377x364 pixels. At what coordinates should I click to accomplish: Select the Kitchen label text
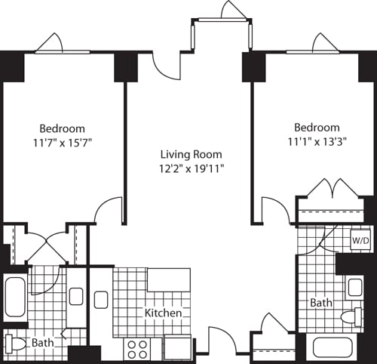[164, 313]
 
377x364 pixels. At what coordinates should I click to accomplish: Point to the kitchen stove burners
[137, 349]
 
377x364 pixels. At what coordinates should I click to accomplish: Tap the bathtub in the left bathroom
[15, 298]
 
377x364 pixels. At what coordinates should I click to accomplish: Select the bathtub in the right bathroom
[334, 349]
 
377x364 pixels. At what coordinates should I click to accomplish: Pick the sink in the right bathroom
[354, 287]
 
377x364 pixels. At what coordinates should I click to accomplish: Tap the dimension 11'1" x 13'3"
[317, 141]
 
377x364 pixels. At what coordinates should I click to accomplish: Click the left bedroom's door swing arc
[110, 209]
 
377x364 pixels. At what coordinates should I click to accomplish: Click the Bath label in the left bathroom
[42, 343]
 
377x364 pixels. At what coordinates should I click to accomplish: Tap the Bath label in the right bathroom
[321, 303]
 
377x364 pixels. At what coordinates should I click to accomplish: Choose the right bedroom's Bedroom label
[317, 128]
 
